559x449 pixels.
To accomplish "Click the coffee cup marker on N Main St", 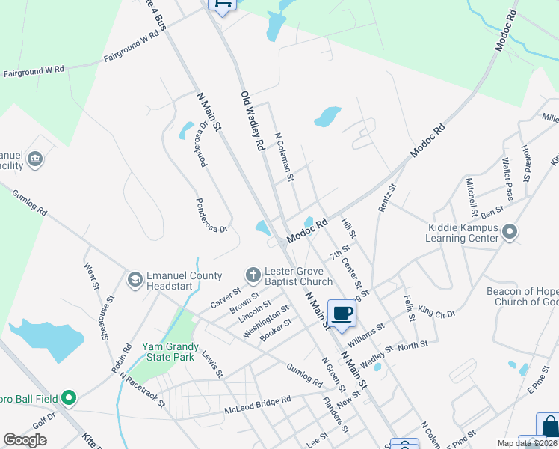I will click(342, 314).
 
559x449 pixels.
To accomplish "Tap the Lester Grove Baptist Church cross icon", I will click(253, 275).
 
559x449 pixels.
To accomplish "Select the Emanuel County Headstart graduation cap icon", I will click(135, 280).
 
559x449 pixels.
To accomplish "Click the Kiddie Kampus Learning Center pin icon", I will click(510, 232).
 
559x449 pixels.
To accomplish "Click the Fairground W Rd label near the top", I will click(132, 46).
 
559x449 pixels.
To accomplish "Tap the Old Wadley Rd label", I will click(253, 121).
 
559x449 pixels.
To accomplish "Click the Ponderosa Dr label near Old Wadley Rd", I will click(211, 216).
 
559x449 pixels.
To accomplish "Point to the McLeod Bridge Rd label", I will click(257, 406).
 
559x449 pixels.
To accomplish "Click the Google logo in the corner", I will click(25, 440).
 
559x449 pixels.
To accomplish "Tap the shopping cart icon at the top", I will click(221, 4).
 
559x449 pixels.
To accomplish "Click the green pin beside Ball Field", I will click(69, 397).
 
